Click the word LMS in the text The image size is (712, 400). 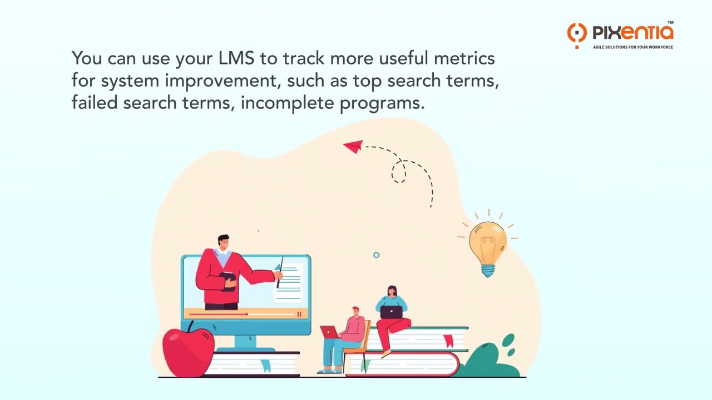point(236,58)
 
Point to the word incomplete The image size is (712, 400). point(287,103)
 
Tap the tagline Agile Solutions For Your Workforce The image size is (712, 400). point(632,47)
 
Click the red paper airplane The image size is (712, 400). point(353,146)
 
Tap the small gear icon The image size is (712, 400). point(376,255)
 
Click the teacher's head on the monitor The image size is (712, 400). point(224,243)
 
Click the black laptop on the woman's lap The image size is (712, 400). point(391,312)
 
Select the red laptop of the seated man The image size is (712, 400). point(329,332)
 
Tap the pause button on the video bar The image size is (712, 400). point(299,314)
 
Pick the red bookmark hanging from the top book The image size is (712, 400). point(448,341)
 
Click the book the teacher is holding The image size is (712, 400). point(228,280)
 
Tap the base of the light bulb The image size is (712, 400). point(488,271)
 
